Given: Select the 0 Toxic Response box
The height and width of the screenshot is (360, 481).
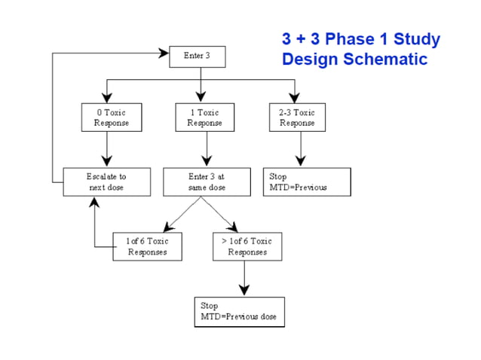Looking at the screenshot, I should tap(107, 117).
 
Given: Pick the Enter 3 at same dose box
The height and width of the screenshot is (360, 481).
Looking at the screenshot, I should tap(201, 182).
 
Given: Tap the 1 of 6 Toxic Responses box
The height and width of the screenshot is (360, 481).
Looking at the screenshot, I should tap(147, 246).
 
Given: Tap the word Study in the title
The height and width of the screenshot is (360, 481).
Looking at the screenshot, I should tap(415, 39).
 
